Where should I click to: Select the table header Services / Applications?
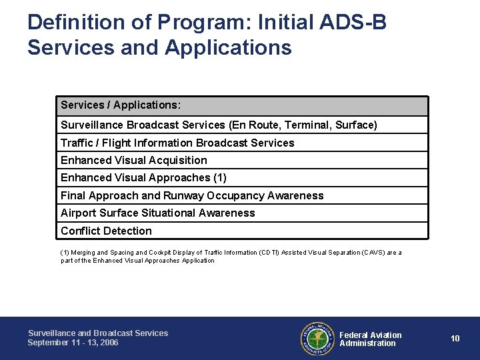(121, 105)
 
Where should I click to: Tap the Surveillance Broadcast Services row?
(219, 125)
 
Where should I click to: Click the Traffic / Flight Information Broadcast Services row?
(177, 143)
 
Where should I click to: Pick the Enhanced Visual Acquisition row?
(134, 160)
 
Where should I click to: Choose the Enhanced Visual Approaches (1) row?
(143, 177)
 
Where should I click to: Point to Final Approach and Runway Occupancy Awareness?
(192, 195)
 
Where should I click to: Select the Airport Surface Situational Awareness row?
(158, 213)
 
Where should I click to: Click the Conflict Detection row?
(106, 231)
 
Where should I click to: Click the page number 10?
(455, 339)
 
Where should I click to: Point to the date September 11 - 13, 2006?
(73, 343)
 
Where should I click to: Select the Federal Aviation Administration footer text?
(371, 339)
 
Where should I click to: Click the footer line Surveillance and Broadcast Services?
(98, 333)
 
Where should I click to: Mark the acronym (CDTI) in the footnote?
(269, 253)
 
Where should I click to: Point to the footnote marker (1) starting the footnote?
(65, 253)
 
